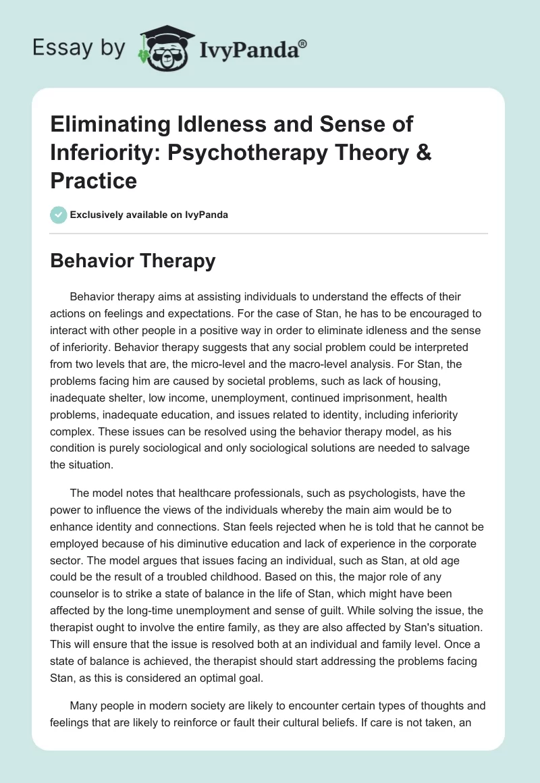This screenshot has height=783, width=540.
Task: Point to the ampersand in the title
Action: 424,153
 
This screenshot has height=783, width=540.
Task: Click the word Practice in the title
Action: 94,180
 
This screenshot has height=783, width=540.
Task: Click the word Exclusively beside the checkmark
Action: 95,215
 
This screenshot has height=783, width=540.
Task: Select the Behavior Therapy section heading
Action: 133,261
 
